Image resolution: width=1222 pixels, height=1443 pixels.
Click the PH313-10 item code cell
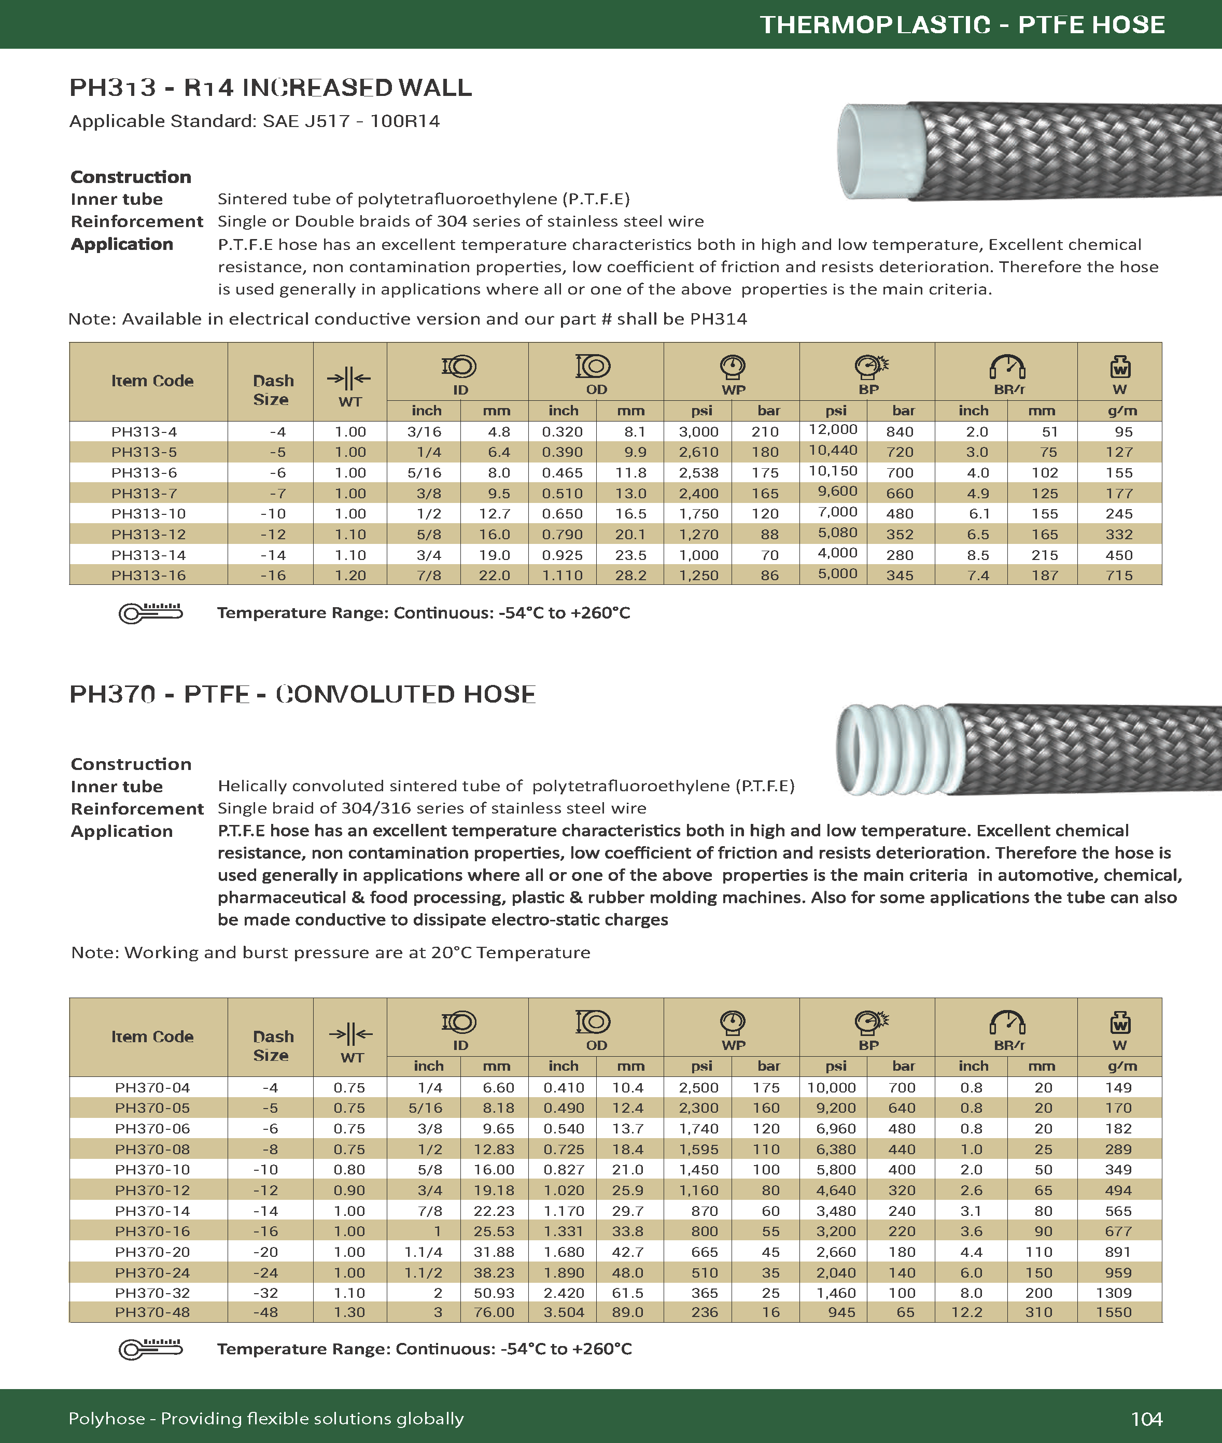[x=144, y=514]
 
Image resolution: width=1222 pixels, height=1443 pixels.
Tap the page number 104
[x=1146, y=1419]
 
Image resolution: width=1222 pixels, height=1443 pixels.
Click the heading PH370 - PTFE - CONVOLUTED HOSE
[x=303, y=694]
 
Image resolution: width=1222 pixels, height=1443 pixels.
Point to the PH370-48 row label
[x=152, y=1312]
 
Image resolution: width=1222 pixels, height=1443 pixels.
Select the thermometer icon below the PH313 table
[x=150, y=612]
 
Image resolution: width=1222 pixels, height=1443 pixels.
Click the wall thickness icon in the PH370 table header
[x=350, y=1034]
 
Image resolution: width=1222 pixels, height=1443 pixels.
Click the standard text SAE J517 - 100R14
[x=351, y=121]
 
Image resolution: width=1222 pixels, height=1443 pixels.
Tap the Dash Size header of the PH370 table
[x=273, y=1045]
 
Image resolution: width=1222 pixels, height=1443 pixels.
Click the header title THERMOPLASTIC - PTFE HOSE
[x=962, y=25]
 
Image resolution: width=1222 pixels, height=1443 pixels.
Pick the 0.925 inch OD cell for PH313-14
[x=562, y=555]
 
